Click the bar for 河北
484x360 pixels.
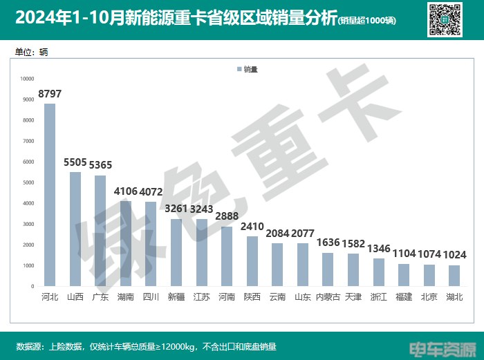tap(50, 195)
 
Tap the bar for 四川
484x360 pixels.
tap(151, 244)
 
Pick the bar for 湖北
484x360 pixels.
tap(454, 276)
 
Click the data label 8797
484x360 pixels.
tap(50, 93)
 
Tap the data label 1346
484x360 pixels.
tap(379, 248)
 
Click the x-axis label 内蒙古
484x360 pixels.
tap(328, 297)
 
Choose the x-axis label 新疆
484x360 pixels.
tap(176, 297)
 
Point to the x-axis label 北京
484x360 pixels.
tap(429, 297)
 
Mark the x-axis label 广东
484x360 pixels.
tap(100, 297)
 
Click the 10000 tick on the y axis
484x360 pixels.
tap(27, 79)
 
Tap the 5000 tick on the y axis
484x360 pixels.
tap(28, 182)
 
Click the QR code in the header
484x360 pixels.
tap(446, 19)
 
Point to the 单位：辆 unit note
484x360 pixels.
tap(31, 52)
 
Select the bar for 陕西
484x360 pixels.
tap(252, 261)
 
